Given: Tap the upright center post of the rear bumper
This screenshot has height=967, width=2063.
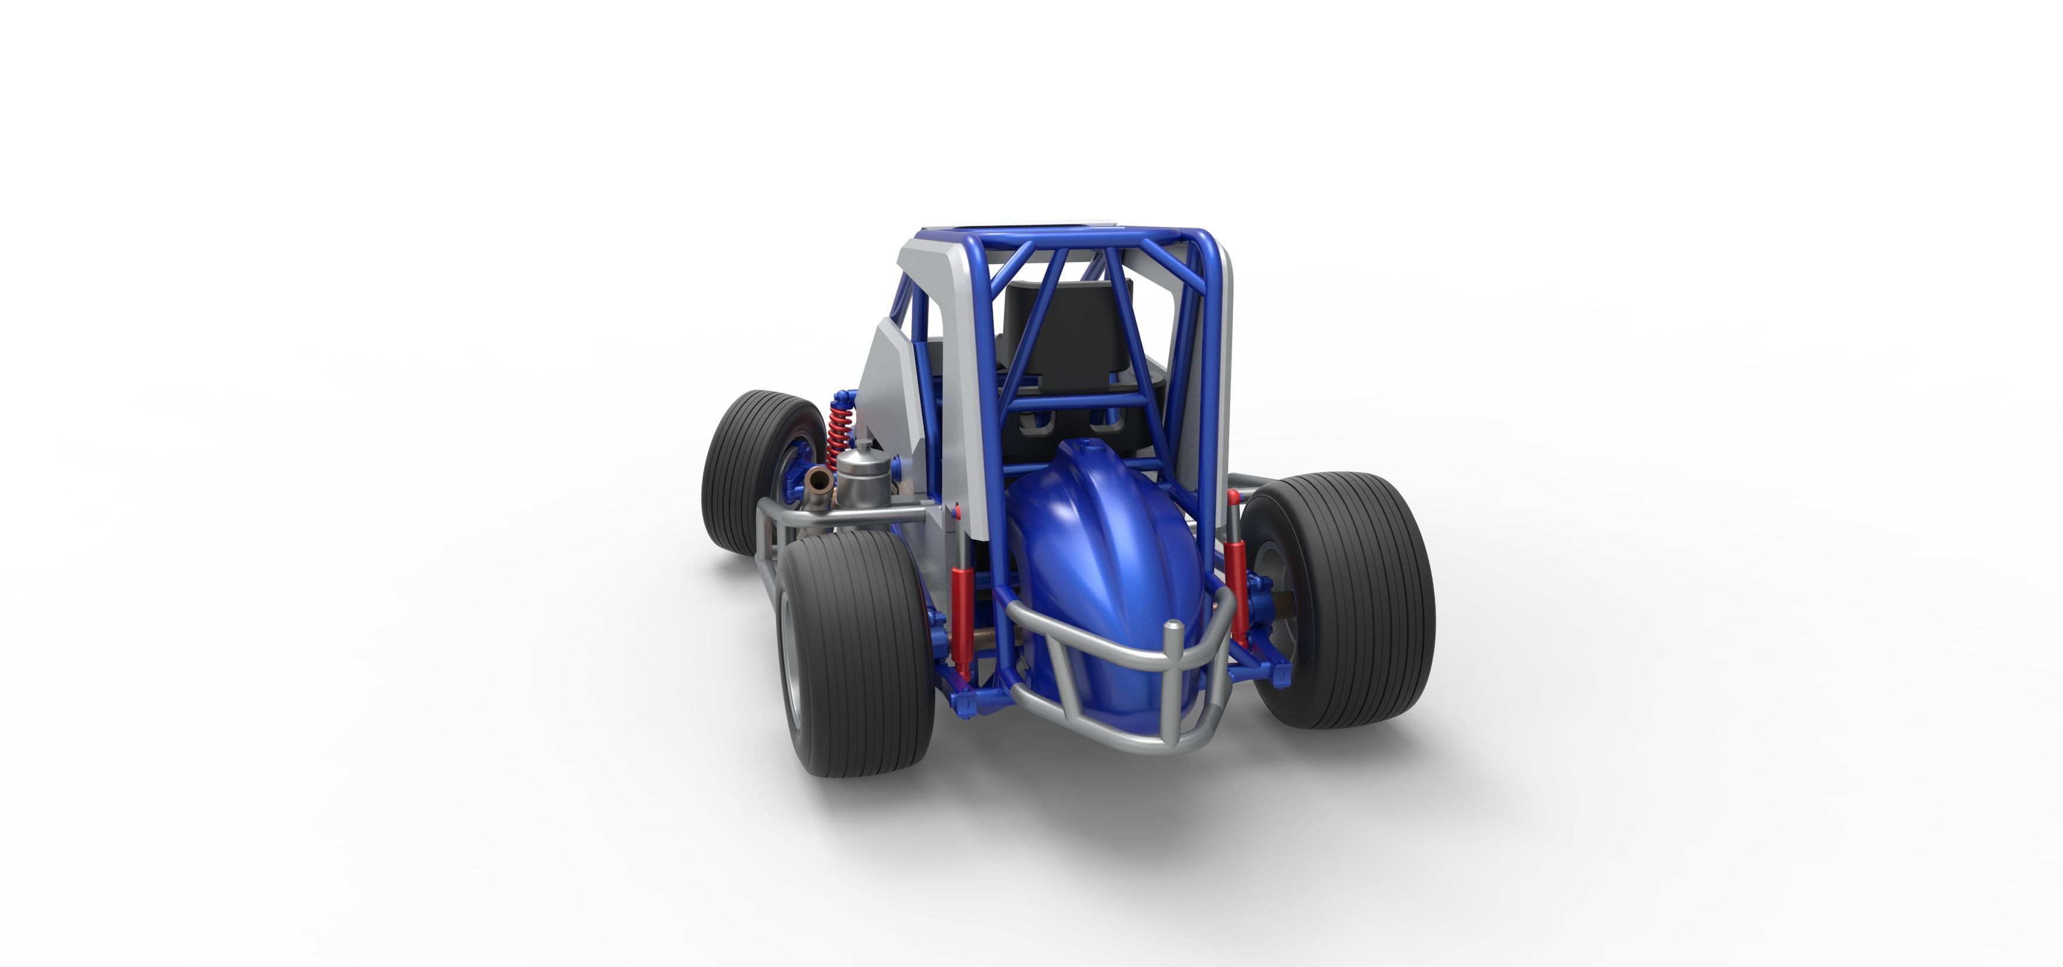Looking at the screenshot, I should (x=1173, y=681).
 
